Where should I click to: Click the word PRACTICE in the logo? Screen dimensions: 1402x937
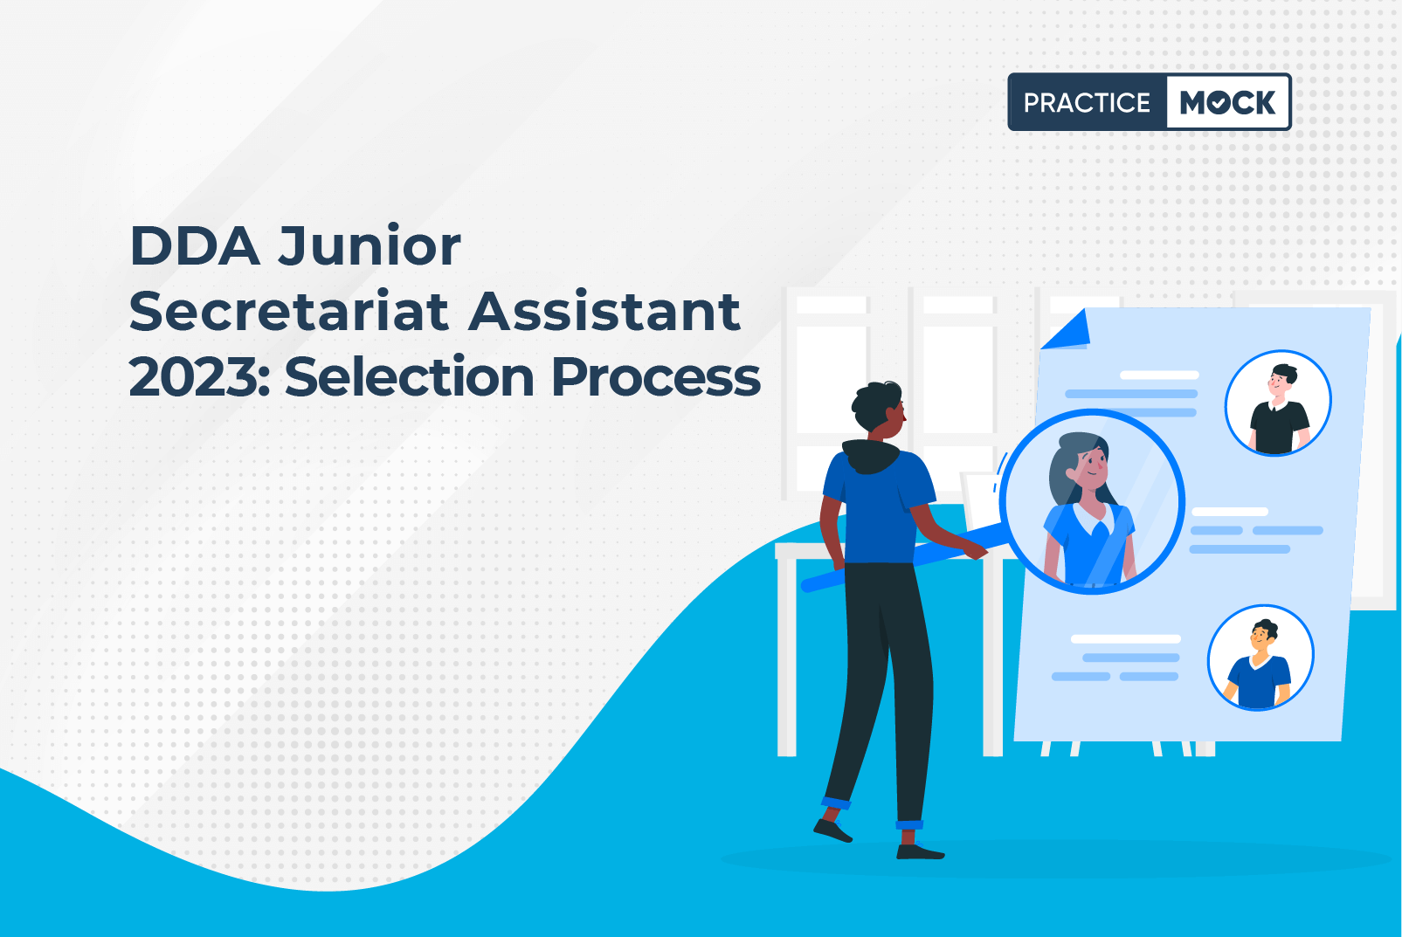[1087, 102]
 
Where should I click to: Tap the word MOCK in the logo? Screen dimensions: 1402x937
[1227, 102]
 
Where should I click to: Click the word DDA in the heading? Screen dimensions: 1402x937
[195, 246]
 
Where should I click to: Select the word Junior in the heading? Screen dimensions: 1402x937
[369, 246]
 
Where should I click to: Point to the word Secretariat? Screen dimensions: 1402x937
[289, 311]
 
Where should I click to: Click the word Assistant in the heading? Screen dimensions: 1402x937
[604, 311]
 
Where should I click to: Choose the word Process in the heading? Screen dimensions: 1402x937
[656, 377]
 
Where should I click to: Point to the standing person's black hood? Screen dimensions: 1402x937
[871, 456]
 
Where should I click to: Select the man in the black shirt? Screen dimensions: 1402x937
[1278, 410]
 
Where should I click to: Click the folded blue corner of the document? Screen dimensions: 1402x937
[1069, 330]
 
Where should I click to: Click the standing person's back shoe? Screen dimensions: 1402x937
[832, 830]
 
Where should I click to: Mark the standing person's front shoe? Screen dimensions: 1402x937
[920, 851]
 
